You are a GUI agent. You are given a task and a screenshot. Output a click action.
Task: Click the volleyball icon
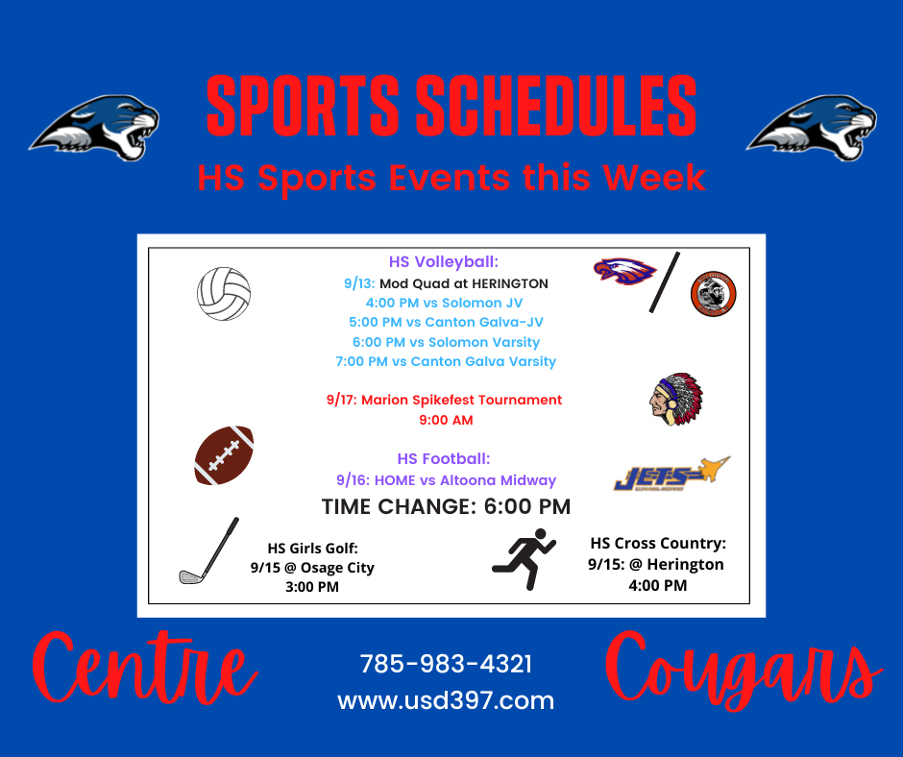[x=224, y=294]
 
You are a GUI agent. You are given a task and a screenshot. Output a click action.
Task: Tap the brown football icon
[x=224, y=455]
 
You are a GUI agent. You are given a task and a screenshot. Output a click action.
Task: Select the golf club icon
[x=208, y=550]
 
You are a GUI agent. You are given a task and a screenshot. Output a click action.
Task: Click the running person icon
[x=525, y=559]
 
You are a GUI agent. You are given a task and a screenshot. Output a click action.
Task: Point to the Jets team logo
[x=671, y=474]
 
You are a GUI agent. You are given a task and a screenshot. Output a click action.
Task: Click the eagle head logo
[x=624, y=271]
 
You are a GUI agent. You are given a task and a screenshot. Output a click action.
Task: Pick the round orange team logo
[x=714, y=294]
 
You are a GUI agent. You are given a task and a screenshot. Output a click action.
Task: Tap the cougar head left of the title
[x=95, y=128]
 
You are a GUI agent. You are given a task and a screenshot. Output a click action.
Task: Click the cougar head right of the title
[x=812, y=128]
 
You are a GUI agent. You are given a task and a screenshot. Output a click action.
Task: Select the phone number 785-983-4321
[x=446, y=664]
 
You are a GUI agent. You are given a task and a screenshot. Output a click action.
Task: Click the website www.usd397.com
[x=446, y=700]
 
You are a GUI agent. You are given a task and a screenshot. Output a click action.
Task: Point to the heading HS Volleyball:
[x=444, y=262]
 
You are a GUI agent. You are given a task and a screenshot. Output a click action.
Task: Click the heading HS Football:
[x=444, y=459]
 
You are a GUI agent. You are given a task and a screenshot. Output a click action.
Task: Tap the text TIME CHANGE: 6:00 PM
[x=447, y=507]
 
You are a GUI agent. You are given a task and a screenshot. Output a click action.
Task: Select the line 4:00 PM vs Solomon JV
[x=445, y=303]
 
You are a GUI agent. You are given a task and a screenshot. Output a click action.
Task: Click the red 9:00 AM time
[x=447, y=420]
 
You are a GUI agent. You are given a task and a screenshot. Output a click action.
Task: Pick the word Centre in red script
[x=144, y=669]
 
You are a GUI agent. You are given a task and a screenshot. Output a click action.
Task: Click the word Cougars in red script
[x=743, y=672]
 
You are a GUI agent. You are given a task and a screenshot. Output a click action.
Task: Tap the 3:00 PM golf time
[x=312, y=587]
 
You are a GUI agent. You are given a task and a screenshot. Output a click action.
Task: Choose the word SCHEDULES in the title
[x=556, y=107]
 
